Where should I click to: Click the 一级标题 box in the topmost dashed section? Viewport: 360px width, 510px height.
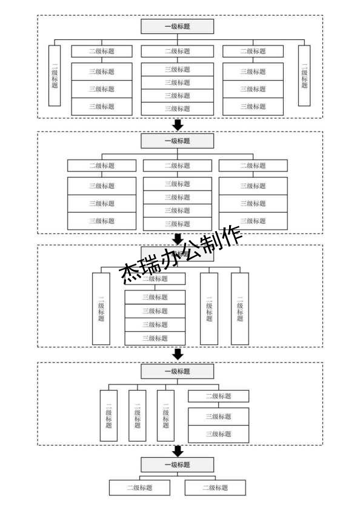pos(177,27)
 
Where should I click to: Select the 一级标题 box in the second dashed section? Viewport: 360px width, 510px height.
pos(177,141)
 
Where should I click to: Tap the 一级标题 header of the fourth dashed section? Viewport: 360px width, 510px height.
pos(177,371)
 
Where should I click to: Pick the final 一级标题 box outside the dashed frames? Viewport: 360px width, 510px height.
pos(177,465)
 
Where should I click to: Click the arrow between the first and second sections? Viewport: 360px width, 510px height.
pos(178,125)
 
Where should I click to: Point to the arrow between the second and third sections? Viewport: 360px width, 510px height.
pos(178,239)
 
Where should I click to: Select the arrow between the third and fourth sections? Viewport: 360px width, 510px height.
pos(178,354)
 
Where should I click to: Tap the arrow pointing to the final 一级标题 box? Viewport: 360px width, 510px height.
pos(178,451)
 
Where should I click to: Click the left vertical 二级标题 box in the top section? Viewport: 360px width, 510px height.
pos(55,76)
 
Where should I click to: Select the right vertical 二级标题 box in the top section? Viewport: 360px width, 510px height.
pos(304,76)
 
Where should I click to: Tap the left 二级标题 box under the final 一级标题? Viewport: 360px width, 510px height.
pos(139,488)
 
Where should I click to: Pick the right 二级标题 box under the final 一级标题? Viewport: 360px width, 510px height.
pos(215,488)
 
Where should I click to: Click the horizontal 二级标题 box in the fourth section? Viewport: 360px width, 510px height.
pos(218,396)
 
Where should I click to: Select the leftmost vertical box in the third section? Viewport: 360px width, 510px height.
pos(101,309)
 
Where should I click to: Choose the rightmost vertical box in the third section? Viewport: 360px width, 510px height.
pos(240,309)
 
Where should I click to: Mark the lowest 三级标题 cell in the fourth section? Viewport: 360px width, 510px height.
pos(218,434)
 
